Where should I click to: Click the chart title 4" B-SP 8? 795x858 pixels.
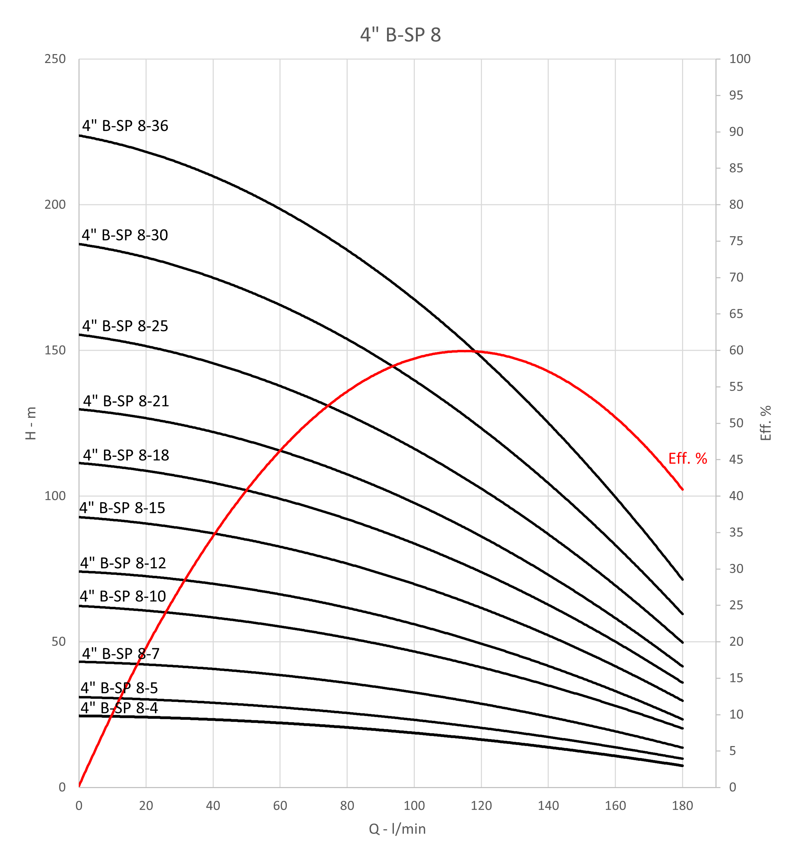coord(400,35)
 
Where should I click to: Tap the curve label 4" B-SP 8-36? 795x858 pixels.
coord(125,126)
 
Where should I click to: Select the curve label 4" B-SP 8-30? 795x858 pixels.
coord(125,235)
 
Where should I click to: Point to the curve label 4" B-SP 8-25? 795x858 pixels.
coord(125,326)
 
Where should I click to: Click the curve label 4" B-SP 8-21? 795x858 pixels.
coord(126,401)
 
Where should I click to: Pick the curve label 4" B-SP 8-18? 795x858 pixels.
coord(126,455)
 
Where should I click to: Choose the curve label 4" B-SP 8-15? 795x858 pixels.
coord(122,508)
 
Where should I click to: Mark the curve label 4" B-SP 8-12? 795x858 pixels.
coord(123,563)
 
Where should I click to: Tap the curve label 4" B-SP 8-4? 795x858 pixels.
coord(119,708)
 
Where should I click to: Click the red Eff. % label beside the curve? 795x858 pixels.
coord(688,459)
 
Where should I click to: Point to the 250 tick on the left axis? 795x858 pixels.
coord(55,59)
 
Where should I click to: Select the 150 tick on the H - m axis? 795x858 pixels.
coord(55,350)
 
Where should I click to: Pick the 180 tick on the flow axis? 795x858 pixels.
coord(682,806)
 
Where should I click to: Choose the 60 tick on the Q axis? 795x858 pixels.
coord(280,806)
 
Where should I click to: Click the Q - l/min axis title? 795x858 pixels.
coord(397,829)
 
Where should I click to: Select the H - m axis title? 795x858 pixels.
coord(31,423)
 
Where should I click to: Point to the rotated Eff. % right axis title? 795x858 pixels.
coord(766,423)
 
